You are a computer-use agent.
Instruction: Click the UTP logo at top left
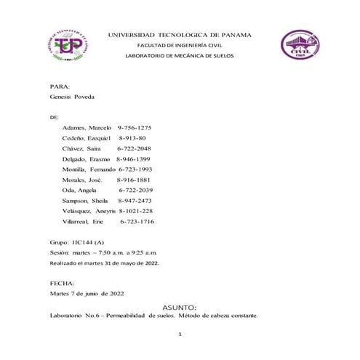pos(71,46)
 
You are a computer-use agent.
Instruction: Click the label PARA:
pos(60,86)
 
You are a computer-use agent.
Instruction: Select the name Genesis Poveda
pos(72,97)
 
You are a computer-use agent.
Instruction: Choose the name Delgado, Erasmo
pos(87,159)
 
